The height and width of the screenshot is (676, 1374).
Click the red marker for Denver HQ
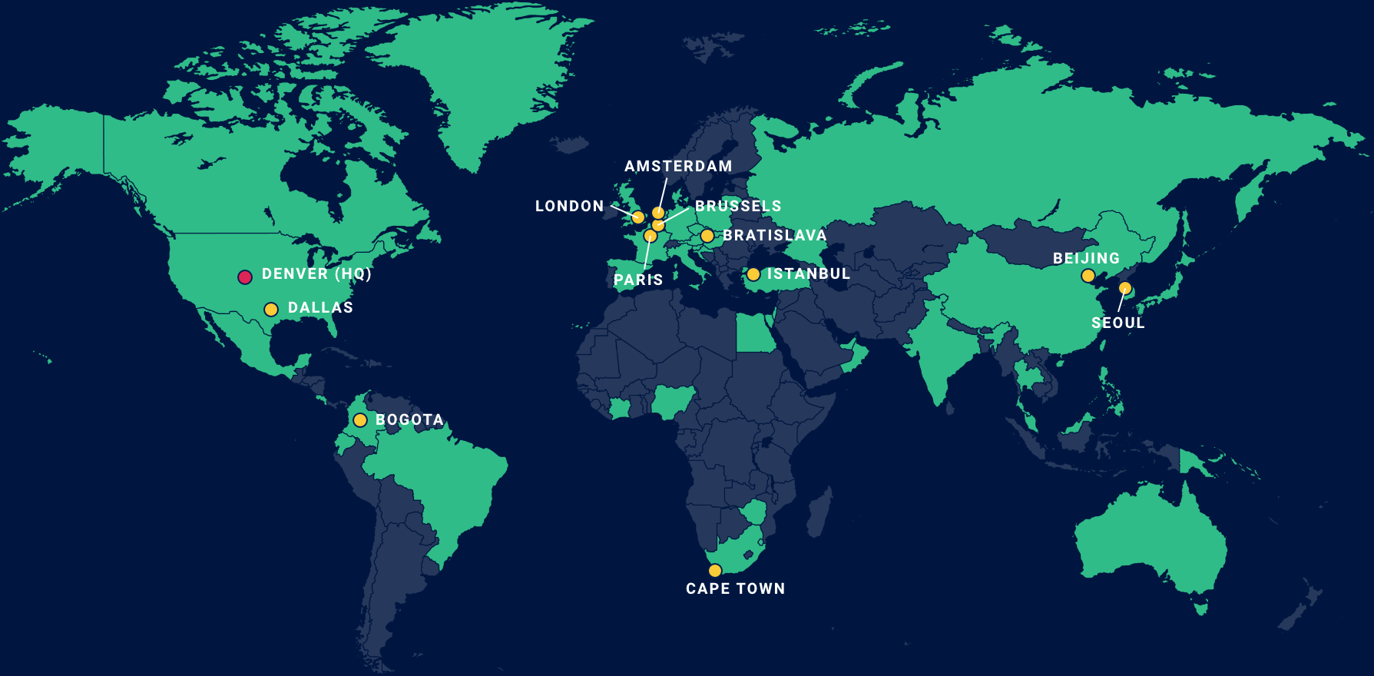[245, 277]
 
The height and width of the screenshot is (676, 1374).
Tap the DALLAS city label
[320, 307]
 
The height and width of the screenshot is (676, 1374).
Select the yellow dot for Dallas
[271, 310]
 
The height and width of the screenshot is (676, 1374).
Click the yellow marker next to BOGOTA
[360, 420]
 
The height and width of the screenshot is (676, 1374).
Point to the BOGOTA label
[409, 420]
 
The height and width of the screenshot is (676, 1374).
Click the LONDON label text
[569, 206]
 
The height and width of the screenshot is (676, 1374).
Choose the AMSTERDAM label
[678, 166]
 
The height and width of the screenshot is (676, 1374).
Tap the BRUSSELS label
[738, 206]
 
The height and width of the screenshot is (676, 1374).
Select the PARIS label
[638, 280]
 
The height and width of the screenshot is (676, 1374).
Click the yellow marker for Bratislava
[707, 236]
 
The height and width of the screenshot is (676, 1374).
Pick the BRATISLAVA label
[774, 235]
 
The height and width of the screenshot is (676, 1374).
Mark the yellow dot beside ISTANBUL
[753, 274]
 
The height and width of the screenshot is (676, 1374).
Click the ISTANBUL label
[809, 273]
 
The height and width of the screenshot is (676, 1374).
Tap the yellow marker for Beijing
[1088, 276]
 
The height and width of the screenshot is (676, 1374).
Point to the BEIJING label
[1086, 258]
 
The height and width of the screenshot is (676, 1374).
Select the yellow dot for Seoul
[1125, 288]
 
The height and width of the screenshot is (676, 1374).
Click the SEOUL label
[1118, 323]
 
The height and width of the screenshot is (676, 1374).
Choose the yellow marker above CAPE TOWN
[715, 570]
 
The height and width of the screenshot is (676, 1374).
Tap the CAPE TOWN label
[735, 588]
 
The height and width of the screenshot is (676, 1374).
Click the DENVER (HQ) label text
[316, 273]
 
